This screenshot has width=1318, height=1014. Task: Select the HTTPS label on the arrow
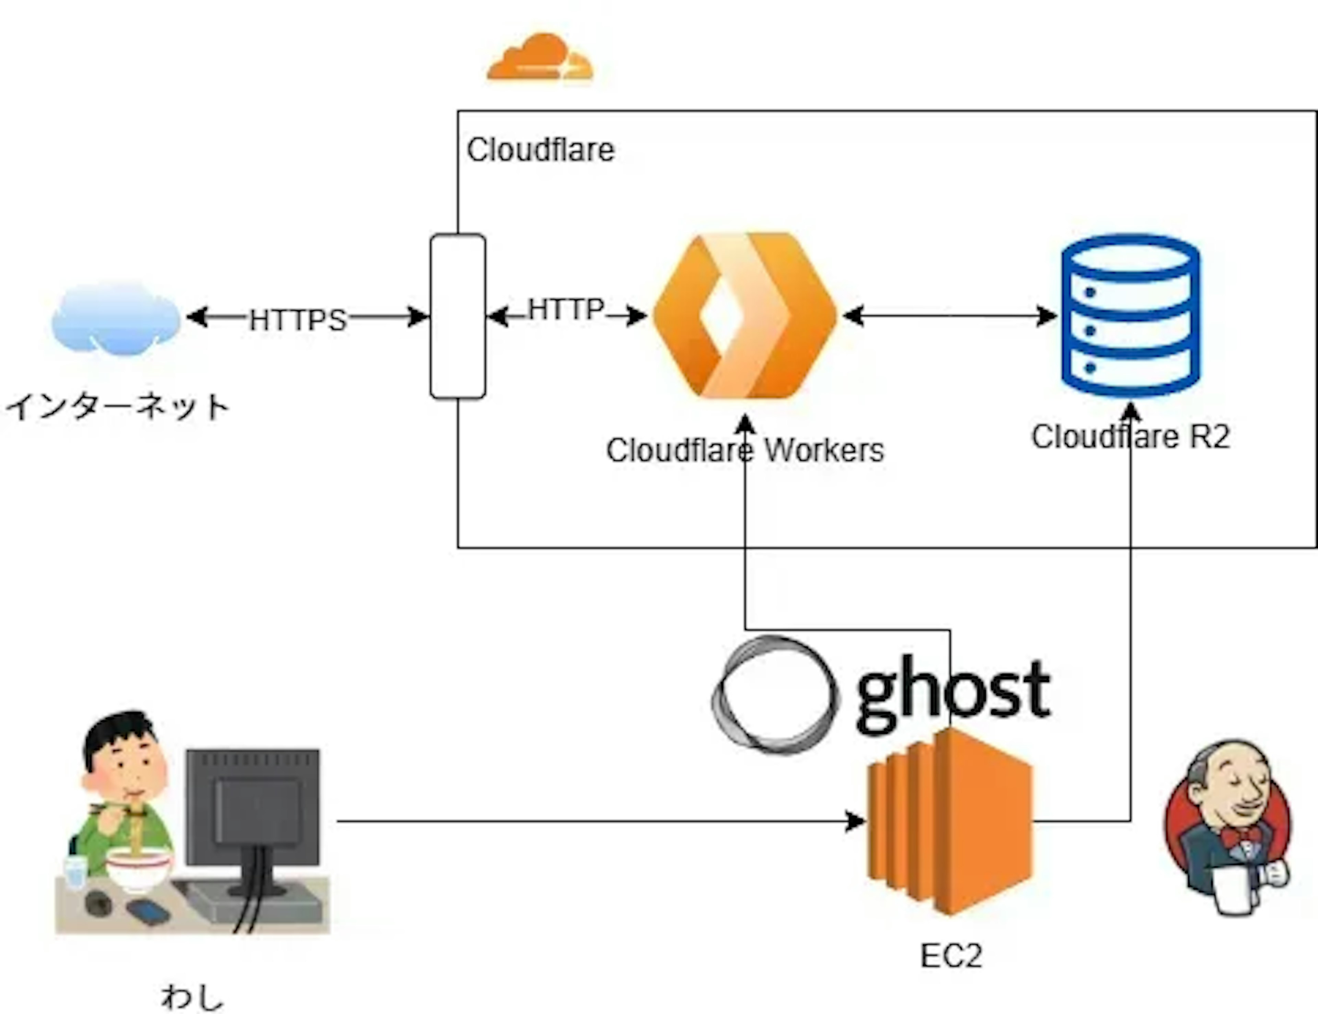coord(298,320)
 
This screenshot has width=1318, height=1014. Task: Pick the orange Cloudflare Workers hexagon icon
coord(745,316)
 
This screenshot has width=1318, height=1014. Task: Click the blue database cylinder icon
coord(1130,316)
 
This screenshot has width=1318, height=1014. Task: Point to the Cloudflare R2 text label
coord(1130,436)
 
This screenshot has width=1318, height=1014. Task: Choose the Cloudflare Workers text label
coord(745,450)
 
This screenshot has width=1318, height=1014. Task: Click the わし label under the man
coord(192,997)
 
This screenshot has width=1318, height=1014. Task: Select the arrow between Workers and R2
coord(949,316)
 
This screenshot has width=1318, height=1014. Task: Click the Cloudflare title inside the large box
coord(540,150)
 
